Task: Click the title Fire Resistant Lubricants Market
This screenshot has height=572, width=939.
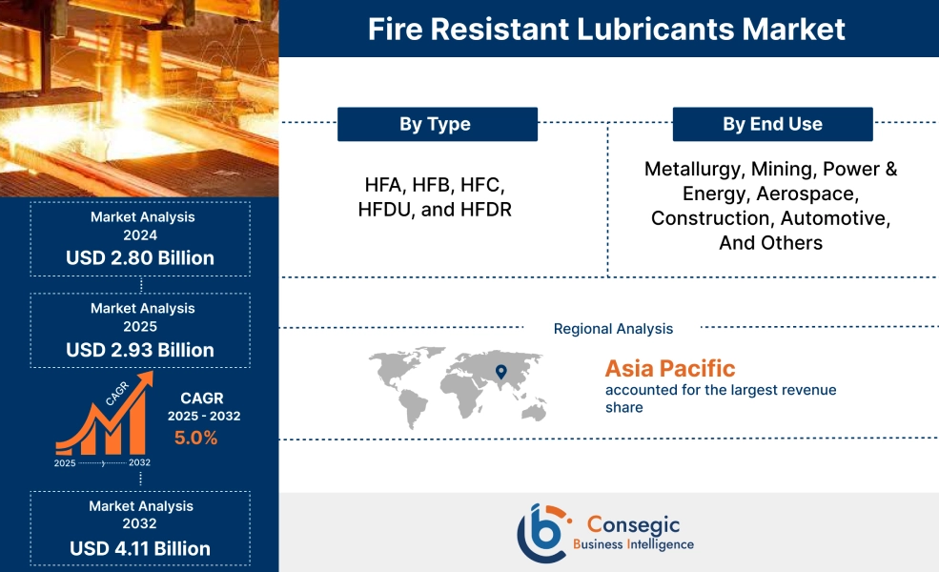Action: pyautogui.click(x=606, y=29)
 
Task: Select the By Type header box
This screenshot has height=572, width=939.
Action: pyautogui.click(x=437, y=124)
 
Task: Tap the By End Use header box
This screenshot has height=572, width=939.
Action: pyautogui.click(x=772, y=124)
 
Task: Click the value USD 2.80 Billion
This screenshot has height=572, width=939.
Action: pyautogui.click(x=140, y=257)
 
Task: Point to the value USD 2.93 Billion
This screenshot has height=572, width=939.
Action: pyautogui.click(x=140, y=350)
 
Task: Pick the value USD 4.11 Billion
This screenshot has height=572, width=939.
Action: pyautogui.click(x=140, y=548)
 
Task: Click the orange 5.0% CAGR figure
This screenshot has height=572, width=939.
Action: pyautogui.click(x=195, y=438)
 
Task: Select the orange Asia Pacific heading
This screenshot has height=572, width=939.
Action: pyautogui.click(x=669, y=368)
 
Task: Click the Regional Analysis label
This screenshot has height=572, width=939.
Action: pyautogui.click(x=613, y=329)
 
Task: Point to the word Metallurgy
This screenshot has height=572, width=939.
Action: pyautogui.click(x=692, y=170)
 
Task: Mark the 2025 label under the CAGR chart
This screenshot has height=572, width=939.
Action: pyautogui.click(x=65, y=462)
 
